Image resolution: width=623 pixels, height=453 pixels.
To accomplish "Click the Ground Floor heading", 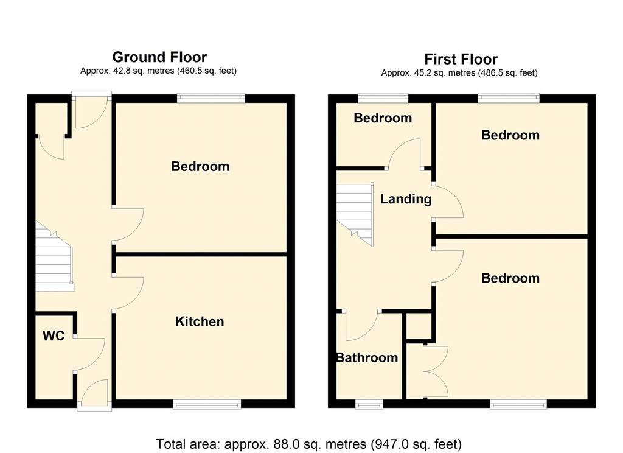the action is tap(159, 57).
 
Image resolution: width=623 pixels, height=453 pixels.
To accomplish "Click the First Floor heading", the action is tap(461, 59).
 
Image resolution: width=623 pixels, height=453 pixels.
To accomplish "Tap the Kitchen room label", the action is tap(200, 321).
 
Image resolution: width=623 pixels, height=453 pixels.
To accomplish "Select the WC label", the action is tap(54, 335).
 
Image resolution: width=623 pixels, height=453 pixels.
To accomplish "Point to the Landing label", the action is tap(406, 199).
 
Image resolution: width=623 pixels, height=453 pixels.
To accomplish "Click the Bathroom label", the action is tap(367, 357).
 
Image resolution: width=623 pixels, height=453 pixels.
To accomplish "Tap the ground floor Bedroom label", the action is tap(200, 166).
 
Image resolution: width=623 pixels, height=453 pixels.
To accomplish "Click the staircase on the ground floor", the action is tap(54, 256).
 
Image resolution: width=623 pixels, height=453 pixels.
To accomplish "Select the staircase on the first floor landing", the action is tap(355, 215).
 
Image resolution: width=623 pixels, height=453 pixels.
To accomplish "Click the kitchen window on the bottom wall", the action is tap(207, 404).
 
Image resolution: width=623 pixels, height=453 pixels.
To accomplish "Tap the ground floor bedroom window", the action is tap(211, 98).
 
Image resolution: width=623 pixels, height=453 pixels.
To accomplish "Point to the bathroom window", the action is tap(369, 404).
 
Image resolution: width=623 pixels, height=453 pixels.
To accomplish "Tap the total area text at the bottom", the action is tap(308, 444).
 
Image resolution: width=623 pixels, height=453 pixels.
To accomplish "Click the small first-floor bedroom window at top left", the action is tap(383, 98).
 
